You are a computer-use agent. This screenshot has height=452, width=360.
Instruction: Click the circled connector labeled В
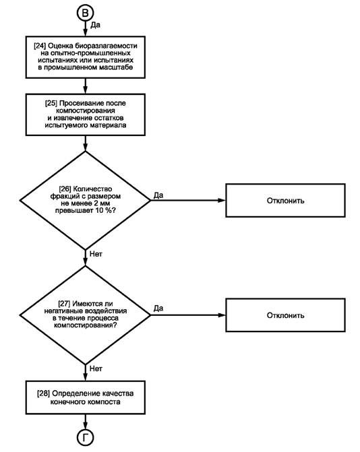point(85,13)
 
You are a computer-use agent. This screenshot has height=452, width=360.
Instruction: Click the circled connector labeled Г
point(85,438)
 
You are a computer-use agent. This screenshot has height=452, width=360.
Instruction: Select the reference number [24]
point(40,46)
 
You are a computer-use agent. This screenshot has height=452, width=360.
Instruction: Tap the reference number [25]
point(51,103)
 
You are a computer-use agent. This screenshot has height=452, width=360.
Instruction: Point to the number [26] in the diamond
point(65,189)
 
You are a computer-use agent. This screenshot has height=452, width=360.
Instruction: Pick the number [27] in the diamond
point(64,304)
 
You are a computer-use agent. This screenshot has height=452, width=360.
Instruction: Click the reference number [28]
point(44,393)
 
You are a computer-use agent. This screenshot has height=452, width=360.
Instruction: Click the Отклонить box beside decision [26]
point(285,200)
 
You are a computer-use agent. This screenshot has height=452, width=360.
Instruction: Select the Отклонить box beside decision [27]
point(285,315)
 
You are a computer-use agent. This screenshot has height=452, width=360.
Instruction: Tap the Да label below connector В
point(96,25)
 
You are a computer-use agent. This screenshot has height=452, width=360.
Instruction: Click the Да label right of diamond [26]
point(158,195)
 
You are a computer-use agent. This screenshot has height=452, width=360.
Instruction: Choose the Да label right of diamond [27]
point(158,309)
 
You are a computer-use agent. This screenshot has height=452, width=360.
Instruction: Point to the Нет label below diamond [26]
point(96,254)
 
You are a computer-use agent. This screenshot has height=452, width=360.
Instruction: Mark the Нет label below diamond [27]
point(96,368)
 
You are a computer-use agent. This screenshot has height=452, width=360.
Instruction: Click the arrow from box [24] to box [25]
point(85,86)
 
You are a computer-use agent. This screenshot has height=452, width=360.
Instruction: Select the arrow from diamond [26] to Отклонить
point(188,200)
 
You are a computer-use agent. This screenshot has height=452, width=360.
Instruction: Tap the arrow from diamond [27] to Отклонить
point(188,315)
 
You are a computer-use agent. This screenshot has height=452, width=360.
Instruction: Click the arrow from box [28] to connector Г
point(85,422)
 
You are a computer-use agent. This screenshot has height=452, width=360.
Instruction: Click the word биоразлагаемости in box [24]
point(106,46)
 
